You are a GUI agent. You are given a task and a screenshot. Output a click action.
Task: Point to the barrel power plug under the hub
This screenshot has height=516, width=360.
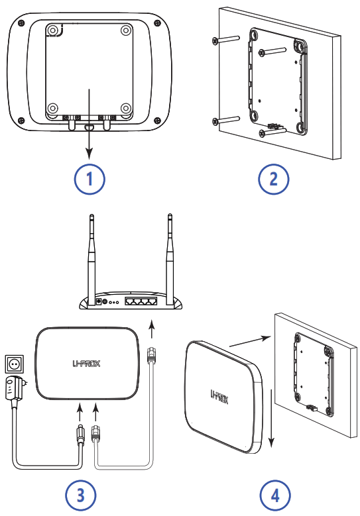pos(80,434)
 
